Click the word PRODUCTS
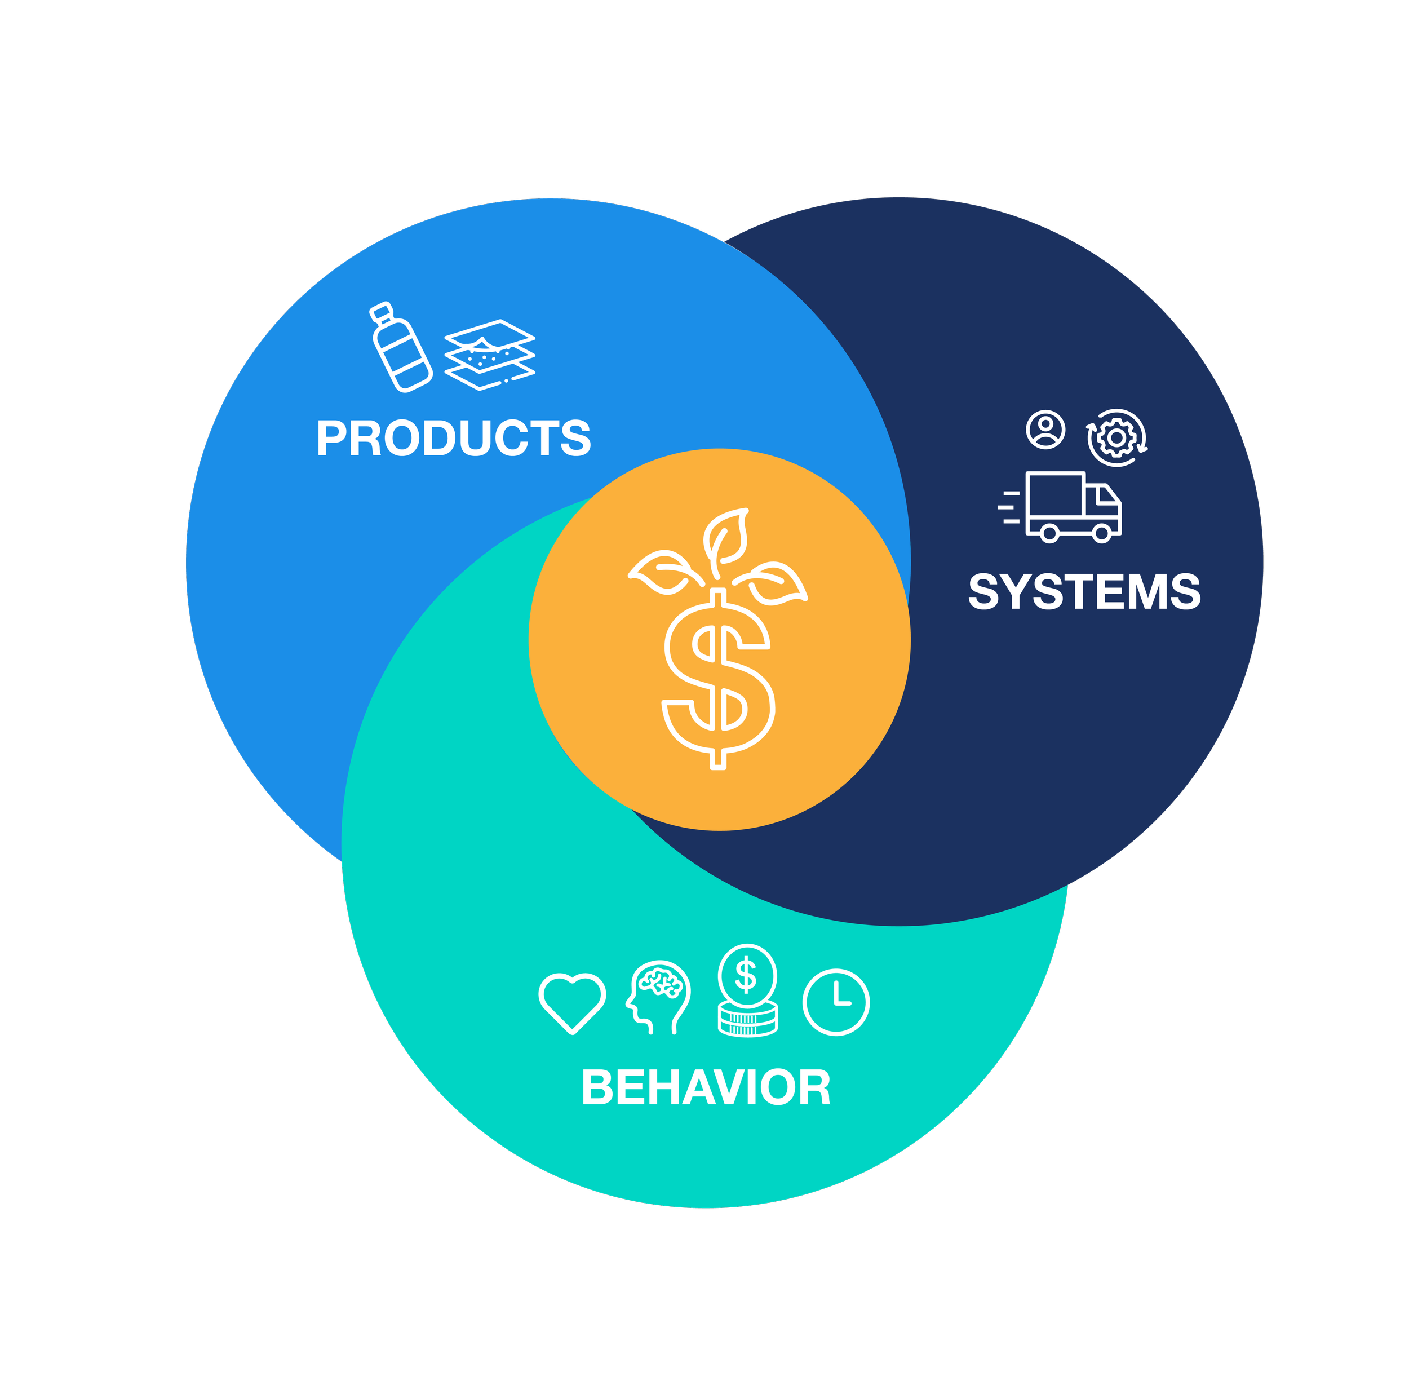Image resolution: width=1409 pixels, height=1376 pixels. pyautogui.click(x=453, y=438)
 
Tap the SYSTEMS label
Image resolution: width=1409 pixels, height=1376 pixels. pyautogui.click(x=1084, y=592)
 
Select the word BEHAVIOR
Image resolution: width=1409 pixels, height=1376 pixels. pyautogui.click(x=706, y=1087)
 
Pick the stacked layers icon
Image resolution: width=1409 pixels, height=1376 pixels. pyautogui.click(x=489, y=354)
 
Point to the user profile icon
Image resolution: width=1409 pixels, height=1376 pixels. pyautogui.click(x=1045, y=430)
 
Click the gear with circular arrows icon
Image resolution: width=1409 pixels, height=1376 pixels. pyautogui.click(x=1116, y=437)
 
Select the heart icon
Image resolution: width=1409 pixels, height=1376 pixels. pyautogui.click(x=572, y=1002)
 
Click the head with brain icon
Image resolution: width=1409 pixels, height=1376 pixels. pyautogui.click(x=658, y=996)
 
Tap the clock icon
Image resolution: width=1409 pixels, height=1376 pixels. pyautogui.click(x=836, y=1002)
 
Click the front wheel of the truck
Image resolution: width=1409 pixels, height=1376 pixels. pyautogui.click(x=1101, y=534)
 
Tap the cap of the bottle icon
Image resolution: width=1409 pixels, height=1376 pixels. pyautogui.click(x=381, y=312)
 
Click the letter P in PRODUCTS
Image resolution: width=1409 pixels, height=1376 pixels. pyautogui.click(x=331, y=438)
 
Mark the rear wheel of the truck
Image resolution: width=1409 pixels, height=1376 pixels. pyautogui.click(x=1049, y=534)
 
